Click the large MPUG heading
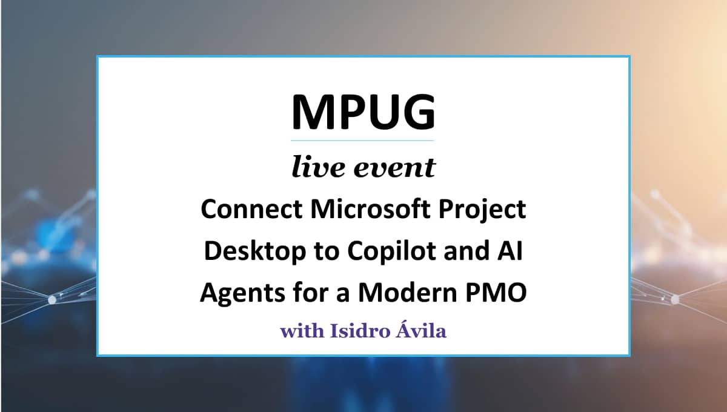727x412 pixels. click(363, 111)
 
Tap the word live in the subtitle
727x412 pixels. click(317, 167)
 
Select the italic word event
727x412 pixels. click(394, 168)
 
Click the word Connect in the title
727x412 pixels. click(252, 210)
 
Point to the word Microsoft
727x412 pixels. click(370, 209)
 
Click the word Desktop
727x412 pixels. click(255, 251)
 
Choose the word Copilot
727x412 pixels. click(392, 251)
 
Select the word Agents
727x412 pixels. click(242, 293)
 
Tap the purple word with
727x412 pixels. click(302, 331)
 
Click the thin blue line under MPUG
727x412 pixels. click(362, 141)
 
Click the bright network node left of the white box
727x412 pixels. click(52, 300)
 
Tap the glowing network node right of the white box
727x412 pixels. click(675, 299)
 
